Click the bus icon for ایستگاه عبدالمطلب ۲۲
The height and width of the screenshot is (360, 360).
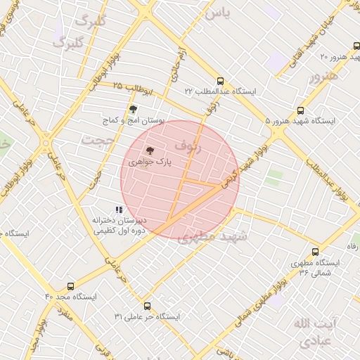point(221,81)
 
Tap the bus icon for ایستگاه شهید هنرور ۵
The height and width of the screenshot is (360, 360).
point(301,110)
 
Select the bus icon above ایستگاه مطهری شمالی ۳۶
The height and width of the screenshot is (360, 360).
point(315,252)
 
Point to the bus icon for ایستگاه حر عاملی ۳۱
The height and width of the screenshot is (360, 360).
point(147,306)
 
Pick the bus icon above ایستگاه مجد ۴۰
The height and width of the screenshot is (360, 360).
point(70,286)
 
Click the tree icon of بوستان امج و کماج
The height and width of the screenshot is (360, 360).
point(133,109)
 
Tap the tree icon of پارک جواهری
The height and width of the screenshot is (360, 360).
point(150,150)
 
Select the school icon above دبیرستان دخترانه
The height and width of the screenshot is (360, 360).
point(119,210)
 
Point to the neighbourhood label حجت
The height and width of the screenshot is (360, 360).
point(96,140)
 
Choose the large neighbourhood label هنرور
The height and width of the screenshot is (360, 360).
point(323,76)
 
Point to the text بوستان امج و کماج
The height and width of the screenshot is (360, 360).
point(153,121)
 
